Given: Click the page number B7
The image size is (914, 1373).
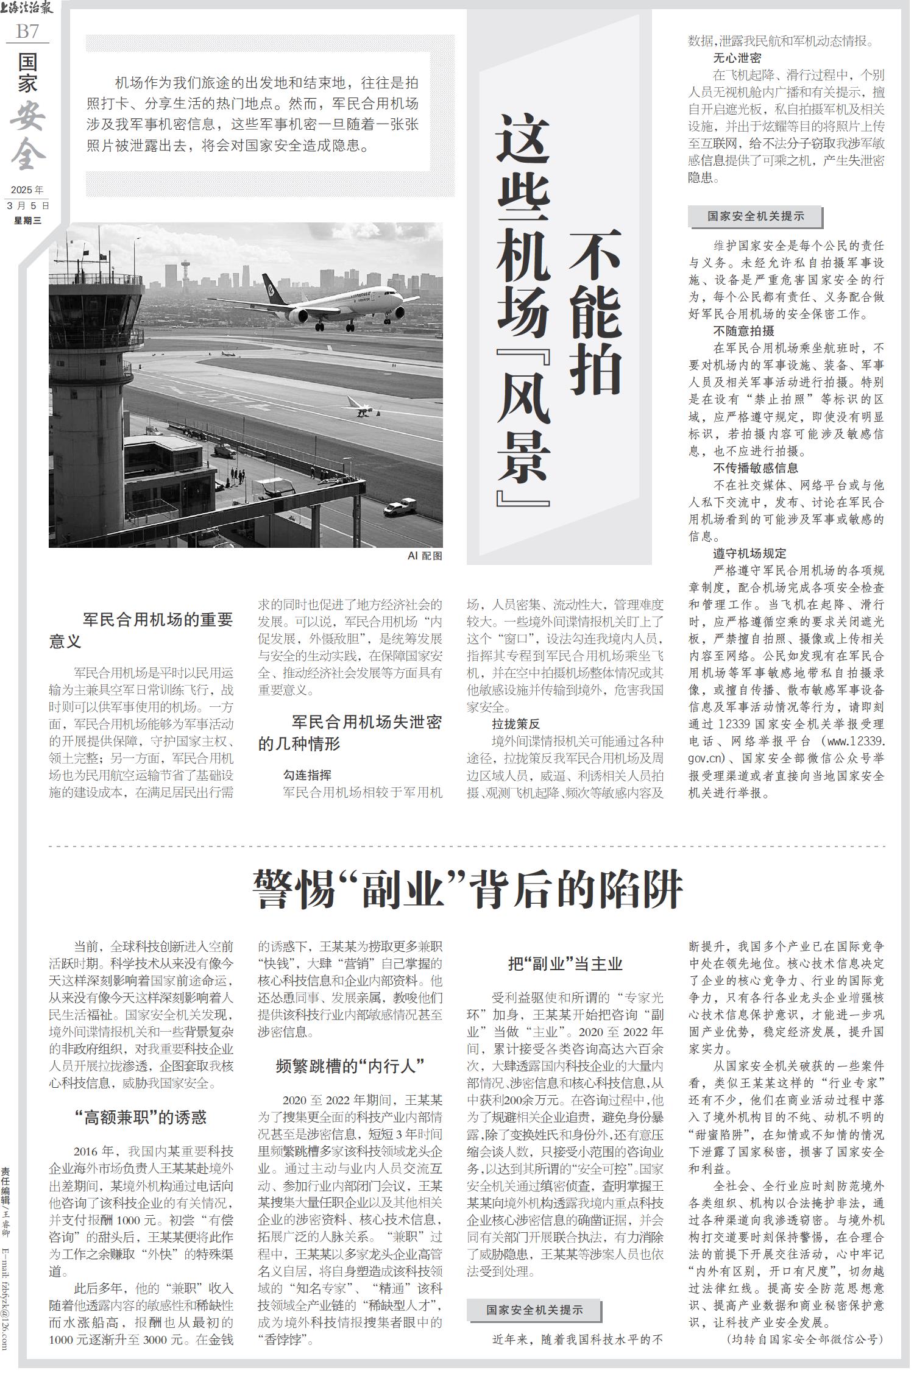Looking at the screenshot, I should (x=27, y=30).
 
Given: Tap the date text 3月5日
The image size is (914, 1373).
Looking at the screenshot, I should (x=27, y=206).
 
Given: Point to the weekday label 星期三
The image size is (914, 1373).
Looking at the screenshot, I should (x=27, y=221).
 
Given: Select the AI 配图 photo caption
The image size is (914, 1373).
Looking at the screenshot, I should (x=425, y=556).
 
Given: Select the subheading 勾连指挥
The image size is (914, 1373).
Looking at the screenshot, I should (x=307, y=775).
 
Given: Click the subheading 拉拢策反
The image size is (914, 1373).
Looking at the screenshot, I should (x=516, y=724).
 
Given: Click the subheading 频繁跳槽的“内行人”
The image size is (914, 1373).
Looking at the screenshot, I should (x=350, y=1066).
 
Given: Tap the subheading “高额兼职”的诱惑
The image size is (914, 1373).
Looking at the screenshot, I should (x=141, y=1117).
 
